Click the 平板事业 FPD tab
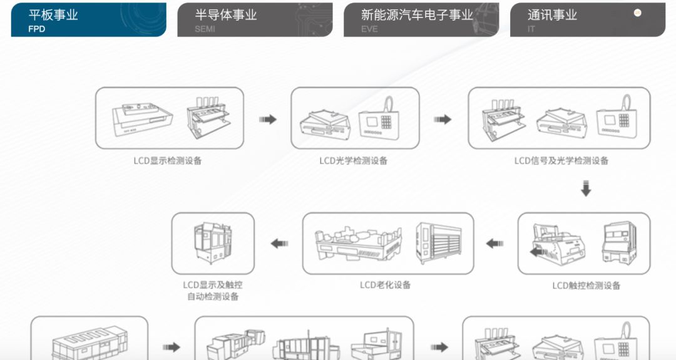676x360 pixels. [88, 20]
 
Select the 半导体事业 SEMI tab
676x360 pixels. [255, 20]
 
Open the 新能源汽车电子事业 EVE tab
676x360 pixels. [421, 20]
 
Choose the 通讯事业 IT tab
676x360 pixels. [588, 20]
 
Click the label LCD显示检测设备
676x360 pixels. [167, 161]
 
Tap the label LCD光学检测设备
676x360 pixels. [353, 161]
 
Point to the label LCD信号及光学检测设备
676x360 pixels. [561, 161]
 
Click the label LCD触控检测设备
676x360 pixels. [586, 285]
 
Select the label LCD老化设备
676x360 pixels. [385, 285]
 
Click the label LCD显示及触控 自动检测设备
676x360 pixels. [213, 291]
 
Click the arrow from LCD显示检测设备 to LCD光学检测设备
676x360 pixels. [268, 120]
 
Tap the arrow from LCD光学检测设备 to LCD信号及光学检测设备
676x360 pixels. [443, 120]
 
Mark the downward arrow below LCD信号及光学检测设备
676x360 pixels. [586, 189]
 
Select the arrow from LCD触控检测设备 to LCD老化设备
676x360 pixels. [494, 244]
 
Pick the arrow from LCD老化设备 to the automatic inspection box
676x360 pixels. [279, 244]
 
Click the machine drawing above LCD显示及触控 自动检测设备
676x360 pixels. [213, 243]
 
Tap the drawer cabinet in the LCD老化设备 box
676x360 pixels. [438, 243]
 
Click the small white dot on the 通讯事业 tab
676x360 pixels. [638, 13]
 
